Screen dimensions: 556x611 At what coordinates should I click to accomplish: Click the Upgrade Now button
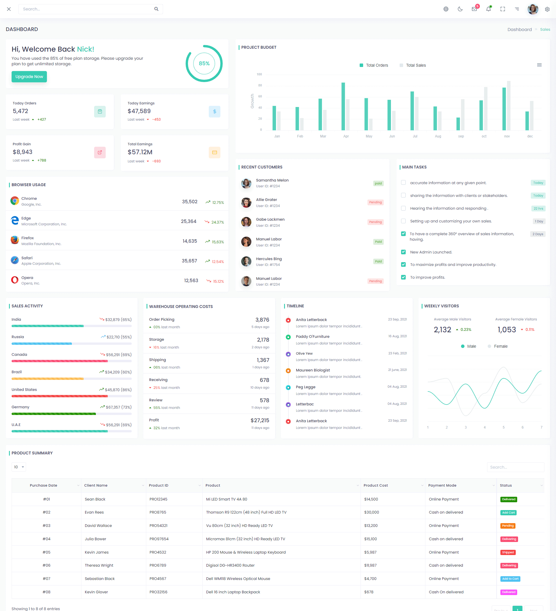[x=29, y=77]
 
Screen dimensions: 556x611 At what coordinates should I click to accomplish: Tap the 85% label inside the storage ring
[x=204, y=63]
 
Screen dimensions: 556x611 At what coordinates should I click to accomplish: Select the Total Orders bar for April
[x=343, y=106]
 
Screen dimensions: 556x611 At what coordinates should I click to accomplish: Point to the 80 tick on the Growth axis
[x=260, y=86]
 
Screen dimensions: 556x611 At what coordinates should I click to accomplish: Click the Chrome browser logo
[x=14, y=201]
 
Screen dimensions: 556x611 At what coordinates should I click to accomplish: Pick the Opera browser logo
[x=14, y=280]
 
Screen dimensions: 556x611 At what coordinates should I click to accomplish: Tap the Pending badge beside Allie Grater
[x=375, y=202]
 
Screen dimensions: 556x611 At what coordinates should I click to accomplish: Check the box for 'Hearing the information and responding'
[x=403, y=208]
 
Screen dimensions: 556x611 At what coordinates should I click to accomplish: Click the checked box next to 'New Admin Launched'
[x=403, y=252]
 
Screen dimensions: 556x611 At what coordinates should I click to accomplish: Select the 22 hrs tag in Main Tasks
[x=538, y=208]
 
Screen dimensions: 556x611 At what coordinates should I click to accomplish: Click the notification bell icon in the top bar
[x=488, y=9]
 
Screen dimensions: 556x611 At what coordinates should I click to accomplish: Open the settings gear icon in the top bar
[x=547, y=9]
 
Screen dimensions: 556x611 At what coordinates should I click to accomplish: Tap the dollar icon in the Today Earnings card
[x=214, y=112]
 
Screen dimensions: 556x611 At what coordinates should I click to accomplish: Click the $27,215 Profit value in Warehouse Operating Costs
[x=260, y=420]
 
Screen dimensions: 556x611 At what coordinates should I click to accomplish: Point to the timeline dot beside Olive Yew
[x=288, y=354]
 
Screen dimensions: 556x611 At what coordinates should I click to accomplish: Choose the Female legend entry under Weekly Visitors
[x=498, y=347]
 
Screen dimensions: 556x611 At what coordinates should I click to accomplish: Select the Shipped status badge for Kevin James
[x=508, y=552]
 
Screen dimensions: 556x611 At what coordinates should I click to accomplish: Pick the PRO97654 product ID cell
[x=159, y=539]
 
